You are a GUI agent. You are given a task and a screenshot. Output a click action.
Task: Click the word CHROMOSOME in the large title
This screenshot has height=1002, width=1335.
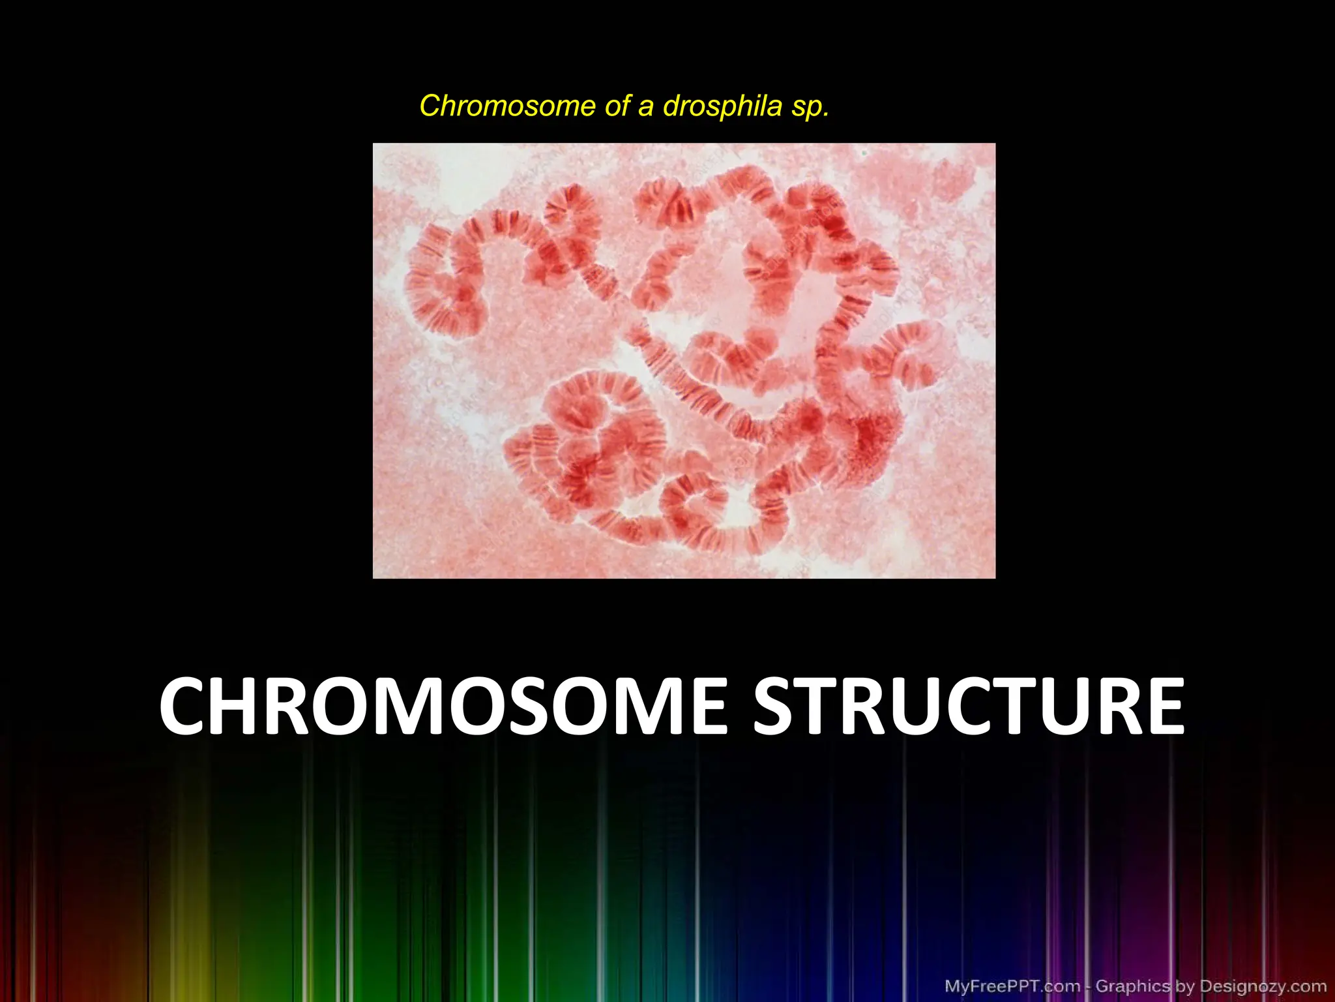(x=443, y=707)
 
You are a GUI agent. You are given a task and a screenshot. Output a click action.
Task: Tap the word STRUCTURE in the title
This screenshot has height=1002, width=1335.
(x=969, y=707)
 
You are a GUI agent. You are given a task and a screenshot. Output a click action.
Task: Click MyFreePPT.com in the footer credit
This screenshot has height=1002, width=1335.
(x=1012, y=986)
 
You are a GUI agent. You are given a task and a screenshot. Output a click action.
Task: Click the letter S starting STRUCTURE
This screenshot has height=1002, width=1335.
(x=778, y=707)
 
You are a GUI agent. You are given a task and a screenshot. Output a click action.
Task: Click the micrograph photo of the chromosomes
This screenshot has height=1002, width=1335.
(x=684, y=360)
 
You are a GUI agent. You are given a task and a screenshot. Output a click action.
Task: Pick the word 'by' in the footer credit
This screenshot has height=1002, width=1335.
(x=1184, y=986)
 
